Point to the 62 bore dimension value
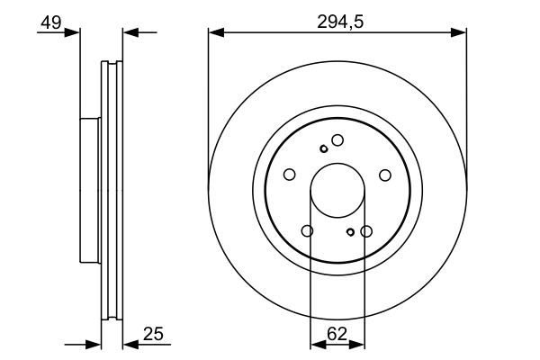337,334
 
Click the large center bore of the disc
337,191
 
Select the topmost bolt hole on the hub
337,139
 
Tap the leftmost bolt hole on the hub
290,175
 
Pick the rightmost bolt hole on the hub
385,175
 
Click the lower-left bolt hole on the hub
308,231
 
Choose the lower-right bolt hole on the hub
366,231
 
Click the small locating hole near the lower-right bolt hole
351,232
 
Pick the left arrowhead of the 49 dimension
73,34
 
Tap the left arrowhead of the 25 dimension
93,344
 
